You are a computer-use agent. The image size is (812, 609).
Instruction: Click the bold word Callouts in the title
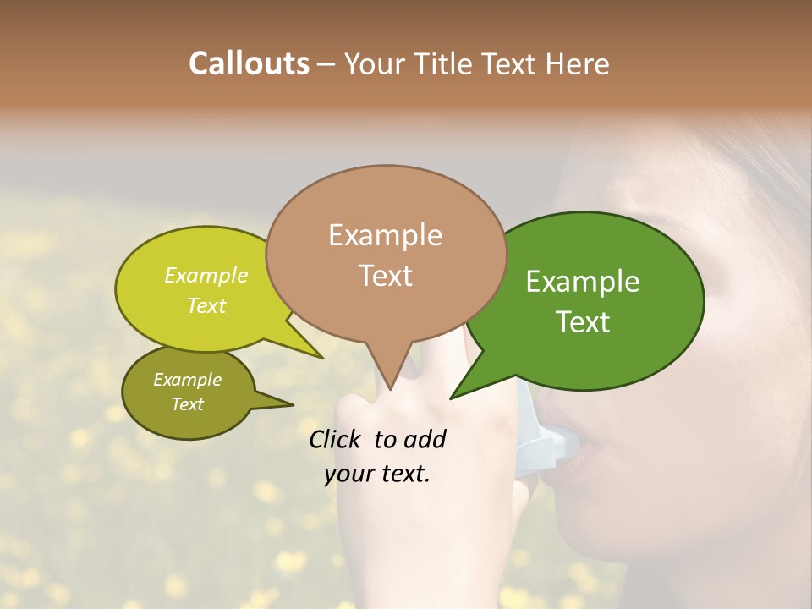click(x=249, y=63)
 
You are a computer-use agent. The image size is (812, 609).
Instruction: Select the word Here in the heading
click(x=579, y=63)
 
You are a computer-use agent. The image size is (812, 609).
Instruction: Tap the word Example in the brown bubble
click(x=385, y=235)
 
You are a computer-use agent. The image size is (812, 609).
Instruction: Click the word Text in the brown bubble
click(x=385, y=276)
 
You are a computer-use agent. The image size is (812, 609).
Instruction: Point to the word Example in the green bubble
click(x=583, y=282)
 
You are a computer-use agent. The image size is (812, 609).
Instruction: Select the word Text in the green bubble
click(x=583, y=322)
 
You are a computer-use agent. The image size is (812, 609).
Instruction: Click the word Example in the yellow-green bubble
click(x=206, y=276)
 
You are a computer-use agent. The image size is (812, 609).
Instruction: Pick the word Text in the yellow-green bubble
click(x=206, y=305)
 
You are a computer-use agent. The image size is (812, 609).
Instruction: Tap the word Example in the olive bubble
click(x=188, y=380)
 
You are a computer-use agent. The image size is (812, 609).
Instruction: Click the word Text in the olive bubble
click(x=188, y=404)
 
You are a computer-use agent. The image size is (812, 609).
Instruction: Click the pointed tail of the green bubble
click(x=453, y=397)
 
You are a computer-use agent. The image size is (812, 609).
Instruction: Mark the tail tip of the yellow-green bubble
click(x=321, y=357)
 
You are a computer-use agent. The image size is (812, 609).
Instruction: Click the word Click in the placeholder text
click(x=336, y=439)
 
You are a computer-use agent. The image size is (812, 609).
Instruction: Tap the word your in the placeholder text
click(x=348, y=474)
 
